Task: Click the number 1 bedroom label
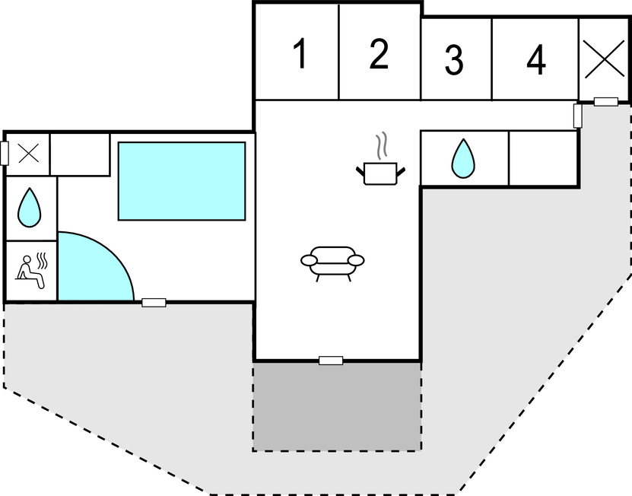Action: tap(300, 55)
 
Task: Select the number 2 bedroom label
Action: tap(379, 54)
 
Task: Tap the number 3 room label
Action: tap(454, 61)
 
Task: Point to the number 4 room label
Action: tap(536, 60)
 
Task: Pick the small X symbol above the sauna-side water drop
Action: tap(28, 154)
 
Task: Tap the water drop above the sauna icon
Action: tap(30, 208)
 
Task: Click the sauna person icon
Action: tap(31, 270)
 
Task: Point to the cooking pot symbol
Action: tap(380, 173)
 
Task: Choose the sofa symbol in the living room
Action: tap(332, 261)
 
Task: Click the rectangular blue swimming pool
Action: tap(182, 181)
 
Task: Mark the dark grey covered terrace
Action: tap(337, 405)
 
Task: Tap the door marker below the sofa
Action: tap(331, 360)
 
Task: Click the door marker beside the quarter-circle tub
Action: tap(154, 303)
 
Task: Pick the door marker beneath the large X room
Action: tap(605, 101)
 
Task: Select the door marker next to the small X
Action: tap(5, 153)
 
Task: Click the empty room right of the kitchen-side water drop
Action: tap(542, 158)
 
